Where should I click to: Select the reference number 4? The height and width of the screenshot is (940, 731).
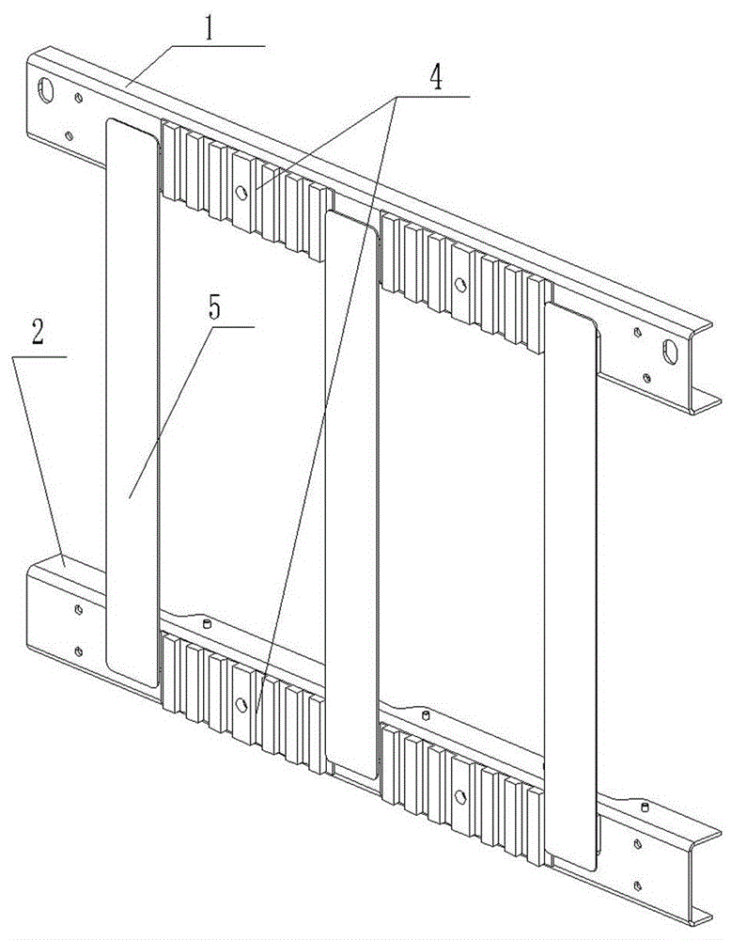437,77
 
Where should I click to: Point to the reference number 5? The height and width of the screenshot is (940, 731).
214,307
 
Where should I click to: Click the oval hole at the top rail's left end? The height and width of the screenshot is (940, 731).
45,90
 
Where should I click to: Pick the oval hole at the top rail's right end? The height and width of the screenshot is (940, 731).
669,352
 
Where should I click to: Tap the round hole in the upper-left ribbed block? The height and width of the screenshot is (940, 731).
241,193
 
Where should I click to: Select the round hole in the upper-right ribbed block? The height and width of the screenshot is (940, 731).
460,284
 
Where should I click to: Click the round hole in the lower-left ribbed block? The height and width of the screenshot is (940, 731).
241,704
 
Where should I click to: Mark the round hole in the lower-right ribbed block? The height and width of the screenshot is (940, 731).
460,797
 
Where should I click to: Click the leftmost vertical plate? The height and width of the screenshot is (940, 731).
132,402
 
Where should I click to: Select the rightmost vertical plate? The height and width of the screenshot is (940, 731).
571,587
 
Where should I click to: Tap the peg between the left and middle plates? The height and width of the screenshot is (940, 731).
208,624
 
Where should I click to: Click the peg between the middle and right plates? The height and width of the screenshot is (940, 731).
426,715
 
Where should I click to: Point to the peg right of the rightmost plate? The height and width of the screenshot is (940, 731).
645,807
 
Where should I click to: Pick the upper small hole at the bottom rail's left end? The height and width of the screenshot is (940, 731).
78,610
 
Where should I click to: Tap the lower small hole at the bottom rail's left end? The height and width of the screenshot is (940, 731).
78,651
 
